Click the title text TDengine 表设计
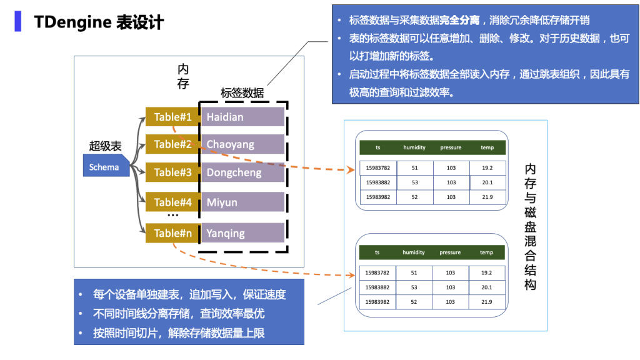[99, 22]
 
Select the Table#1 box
[172, 117]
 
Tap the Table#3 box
[172, 172]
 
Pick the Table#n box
[172, 233]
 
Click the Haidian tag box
[242, 117]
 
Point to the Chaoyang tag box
[242, 144]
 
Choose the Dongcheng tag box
[242, 172]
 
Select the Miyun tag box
[242, 202]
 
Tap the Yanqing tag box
[242, 233]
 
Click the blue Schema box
[104, 167]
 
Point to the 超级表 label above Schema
[105, 146]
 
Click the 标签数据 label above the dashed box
[242, 93]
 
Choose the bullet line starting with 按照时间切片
[179, 333]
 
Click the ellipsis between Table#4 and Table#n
[173, 216]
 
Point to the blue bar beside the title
[19, 21]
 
